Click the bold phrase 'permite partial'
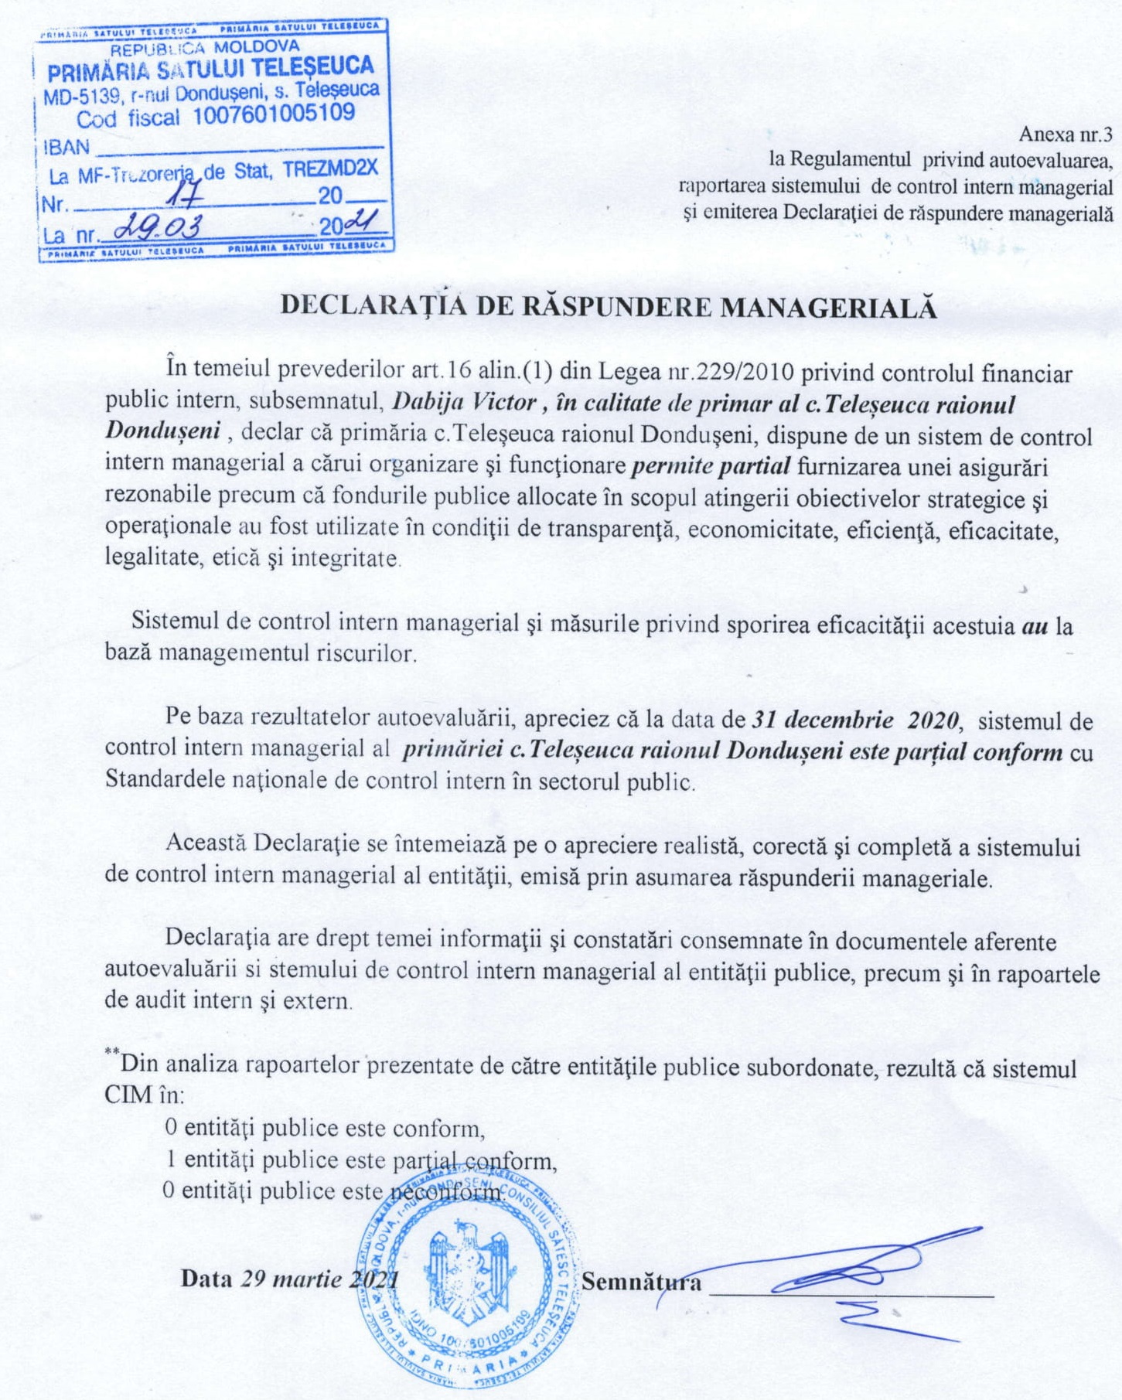[x=711, y=465]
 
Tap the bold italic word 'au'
[x=1035, y=625]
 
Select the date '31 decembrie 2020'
[x=856, y=720]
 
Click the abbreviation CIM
[x=128, y=1095]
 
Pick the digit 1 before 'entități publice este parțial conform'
[x=171, y=1159]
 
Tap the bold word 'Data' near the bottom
[x=206, y=1278]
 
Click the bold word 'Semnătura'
[x=642, y=1282]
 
